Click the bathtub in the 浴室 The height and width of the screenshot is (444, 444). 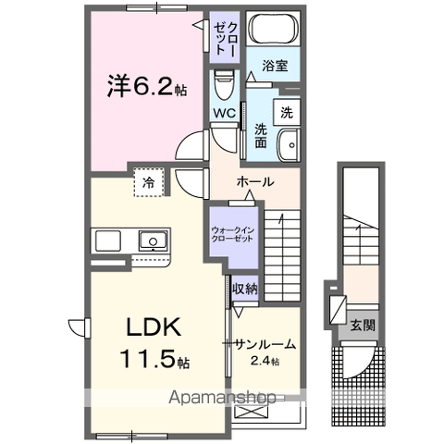click(x=273, y=35)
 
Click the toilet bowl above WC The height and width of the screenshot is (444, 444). click(x=223, y=89)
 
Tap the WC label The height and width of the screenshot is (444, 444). click(x=225, y=114)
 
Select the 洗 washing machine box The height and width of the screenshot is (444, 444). click(x=287, y=113)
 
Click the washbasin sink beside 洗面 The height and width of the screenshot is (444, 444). click(x=289, y=145)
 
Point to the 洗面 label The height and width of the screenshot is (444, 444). click(x=261, y=136)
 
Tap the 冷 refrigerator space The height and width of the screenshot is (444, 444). click(x=148, y=182)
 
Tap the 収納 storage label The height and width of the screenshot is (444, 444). click(x=244, y=290)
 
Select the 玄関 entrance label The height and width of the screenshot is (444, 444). click(x=363, y=325)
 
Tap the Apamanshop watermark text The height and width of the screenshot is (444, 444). click(x=222, y=398)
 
